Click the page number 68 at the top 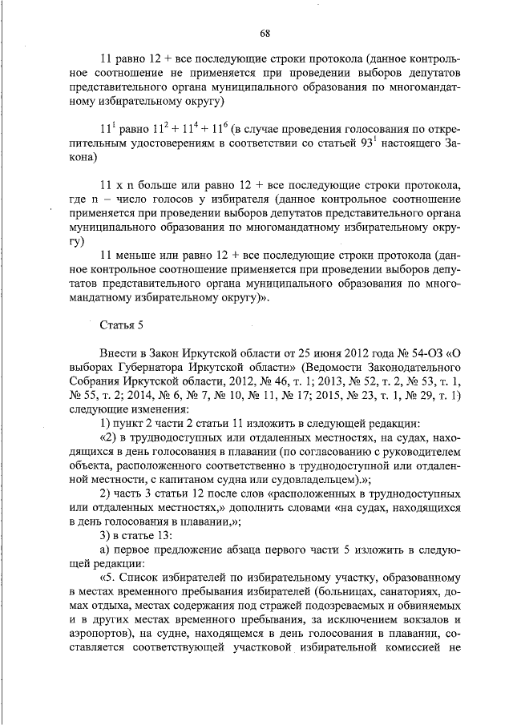[265, 33]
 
